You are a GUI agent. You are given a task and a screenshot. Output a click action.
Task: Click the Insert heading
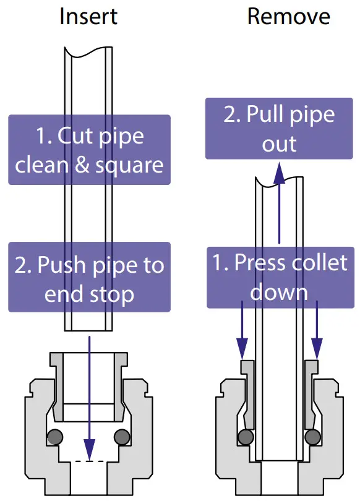click(89, 17)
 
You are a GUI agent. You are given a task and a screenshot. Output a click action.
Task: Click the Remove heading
click(280, 17)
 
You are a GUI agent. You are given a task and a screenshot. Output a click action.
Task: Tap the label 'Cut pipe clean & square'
click(89, 150)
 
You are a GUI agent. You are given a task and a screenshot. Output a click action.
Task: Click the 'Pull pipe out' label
click(279, 129)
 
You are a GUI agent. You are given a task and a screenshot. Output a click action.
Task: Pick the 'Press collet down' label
click(280, 276)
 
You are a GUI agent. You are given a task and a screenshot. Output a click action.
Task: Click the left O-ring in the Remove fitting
click(245, 436)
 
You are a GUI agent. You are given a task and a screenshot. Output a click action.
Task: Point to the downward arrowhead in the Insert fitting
click(90, 447)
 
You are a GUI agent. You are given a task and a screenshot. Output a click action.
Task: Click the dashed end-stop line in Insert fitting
click(89, 461)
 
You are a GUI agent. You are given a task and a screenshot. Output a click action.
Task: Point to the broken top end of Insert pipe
click(89, 52)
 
